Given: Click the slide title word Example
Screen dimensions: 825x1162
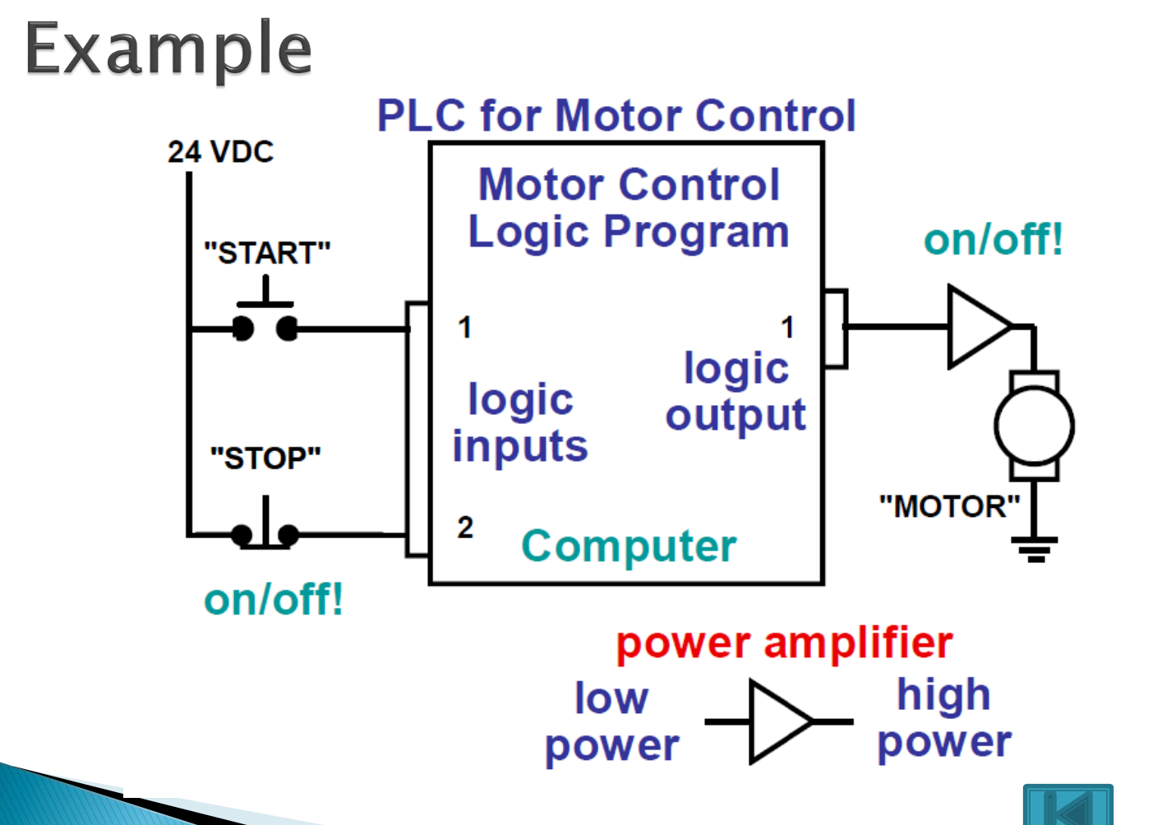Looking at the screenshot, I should pyautogui.click(x=168, y=49).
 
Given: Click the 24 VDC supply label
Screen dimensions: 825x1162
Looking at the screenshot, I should pyautogui.click(x=220, y=152).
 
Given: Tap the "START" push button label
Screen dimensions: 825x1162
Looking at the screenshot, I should pyautogui.click(x=267, y=253).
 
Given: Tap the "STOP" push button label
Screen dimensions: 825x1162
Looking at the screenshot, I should pyautogui.click(x=265, y=458).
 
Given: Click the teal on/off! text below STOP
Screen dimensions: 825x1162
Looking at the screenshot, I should pyautogui.click(x=273, y=599).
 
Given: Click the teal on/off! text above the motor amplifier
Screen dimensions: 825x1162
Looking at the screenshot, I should pyautogui.click(x=993, y=240).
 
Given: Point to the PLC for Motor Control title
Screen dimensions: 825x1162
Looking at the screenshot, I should pyautogui.click(x=616, y=116).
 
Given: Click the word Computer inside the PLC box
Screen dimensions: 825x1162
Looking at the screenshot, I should pyautogui.click(x=629, y=546).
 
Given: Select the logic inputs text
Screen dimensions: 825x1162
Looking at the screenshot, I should pyautogui.click(x=520, y=423).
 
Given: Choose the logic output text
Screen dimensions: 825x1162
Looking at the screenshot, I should pyautogui.click(x=735, y=392).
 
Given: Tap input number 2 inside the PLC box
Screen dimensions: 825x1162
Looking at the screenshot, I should pyautogui.click(x=465, y=528).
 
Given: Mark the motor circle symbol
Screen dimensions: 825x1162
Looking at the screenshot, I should pyautogui.click(x=1034, y=426).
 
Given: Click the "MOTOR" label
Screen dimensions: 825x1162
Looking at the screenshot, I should pyautogui.click(x=949, y=506).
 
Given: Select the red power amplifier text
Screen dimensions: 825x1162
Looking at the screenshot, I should pyautogui.click(x=784, y=643).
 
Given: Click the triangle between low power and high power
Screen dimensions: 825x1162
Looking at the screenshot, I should pyautogui.click(x=777, y=721).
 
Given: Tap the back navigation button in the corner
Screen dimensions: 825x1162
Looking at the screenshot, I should pyautogui.click(x=1067, y=805).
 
